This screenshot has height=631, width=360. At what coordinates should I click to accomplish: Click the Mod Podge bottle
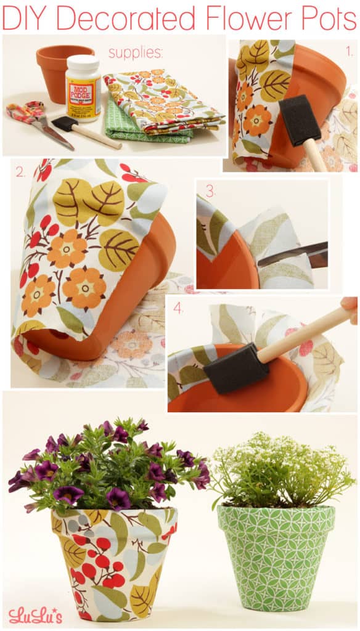point(83,89)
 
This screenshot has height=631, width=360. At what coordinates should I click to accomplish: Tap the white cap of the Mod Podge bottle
point(83,62)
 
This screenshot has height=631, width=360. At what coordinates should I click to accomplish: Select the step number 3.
point(211,192)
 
